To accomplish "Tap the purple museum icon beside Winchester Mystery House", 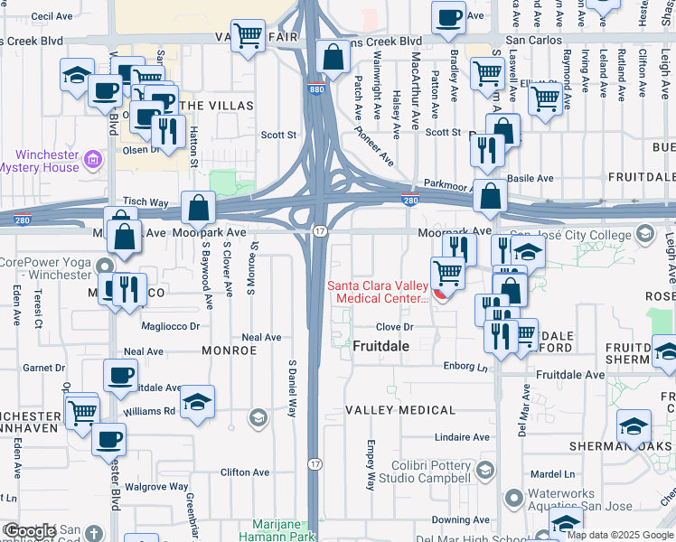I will coord(91,161).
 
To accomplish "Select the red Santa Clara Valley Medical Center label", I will coord(378,293).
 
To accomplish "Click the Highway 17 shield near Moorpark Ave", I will coord(320,232).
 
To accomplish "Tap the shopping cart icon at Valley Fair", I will coord(247,38).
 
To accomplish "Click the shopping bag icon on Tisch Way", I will coord(198,208).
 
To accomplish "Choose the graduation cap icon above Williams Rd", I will coord(197,402).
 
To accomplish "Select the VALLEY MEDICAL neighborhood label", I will coord(400,410).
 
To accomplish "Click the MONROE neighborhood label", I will coord(230,350).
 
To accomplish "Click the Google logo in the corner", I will coord(30,531).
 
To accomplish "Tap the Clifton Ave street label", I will coord(245,472).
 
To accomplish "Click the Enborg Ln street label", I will coord(465,368).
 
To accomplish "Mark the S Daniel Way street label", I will coord(292,388).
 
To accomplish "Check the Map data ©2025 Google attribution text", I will coord(620,535).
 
